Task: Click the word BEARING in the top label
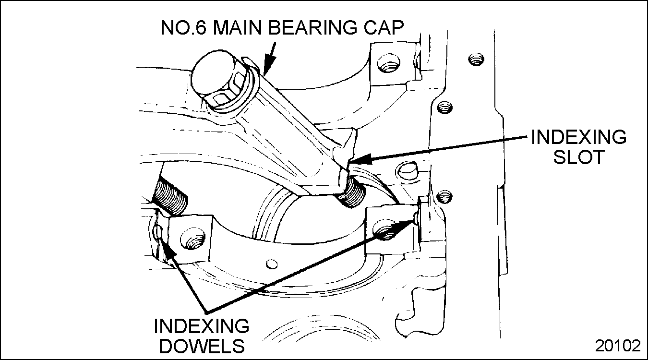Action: click(312, 27)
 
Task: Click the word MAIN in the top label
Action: click(238, 27)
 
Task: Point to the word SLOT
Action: click(579, 157)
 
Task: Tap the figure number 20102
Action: click(618, 346)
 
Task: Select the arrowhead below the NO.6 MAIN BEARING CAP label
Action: click(268, 66)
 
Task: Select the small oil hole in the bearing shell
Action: click(271, 264)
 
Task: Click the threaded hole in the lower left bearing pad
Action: click(192, 239)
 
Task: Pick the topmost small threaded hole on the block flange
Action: click(476, 59)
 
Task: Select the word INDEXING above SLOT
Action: click(579, 137)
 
